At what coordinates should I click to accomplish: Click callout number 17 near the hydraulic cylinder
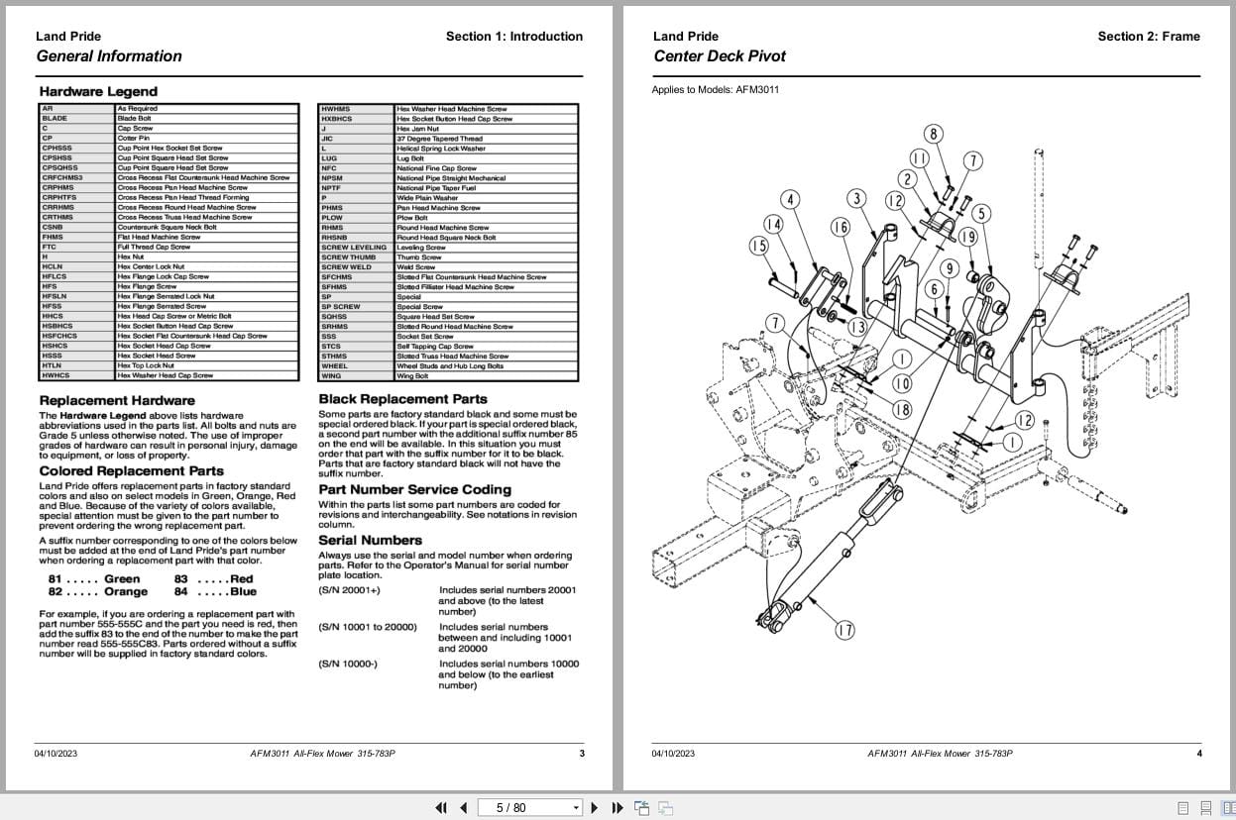[x=843, y=630]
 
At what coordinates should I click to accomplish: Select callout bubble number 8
[x=933, y=134]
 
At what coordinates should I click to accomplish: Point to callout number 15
[x=759, y=246]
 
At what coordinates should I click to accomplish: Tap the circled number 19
[x=967, y=237]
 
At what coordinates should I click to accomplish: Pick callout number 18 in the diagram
[x=902, y=409]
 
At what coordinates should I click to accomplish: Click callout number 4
[x=789, y=201]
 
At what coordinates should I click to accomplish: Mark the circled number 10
[x=902, y=383]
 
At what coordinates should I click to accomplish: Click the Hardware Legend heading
[x=98, y=91]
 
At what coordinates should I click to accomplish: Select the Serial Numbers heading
[x=370, y=540]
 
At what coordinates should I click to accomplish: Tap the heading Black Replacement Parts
[x=402, y=399]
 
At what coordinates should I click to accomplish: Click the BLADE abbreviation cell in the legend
[x=55, y=119]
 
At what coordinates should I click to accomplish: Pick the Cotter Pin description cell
[x=133, y=139]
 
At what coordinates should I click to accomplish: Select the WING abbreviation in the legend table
[x=331, y=376]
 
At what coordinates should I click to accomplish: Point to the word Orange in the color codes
[x=125, y=592]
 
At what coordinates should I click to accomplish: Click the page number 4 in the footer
[x=1198, y=754]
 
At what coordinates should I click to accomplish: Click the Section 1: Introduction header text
[x=513, y=37]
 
